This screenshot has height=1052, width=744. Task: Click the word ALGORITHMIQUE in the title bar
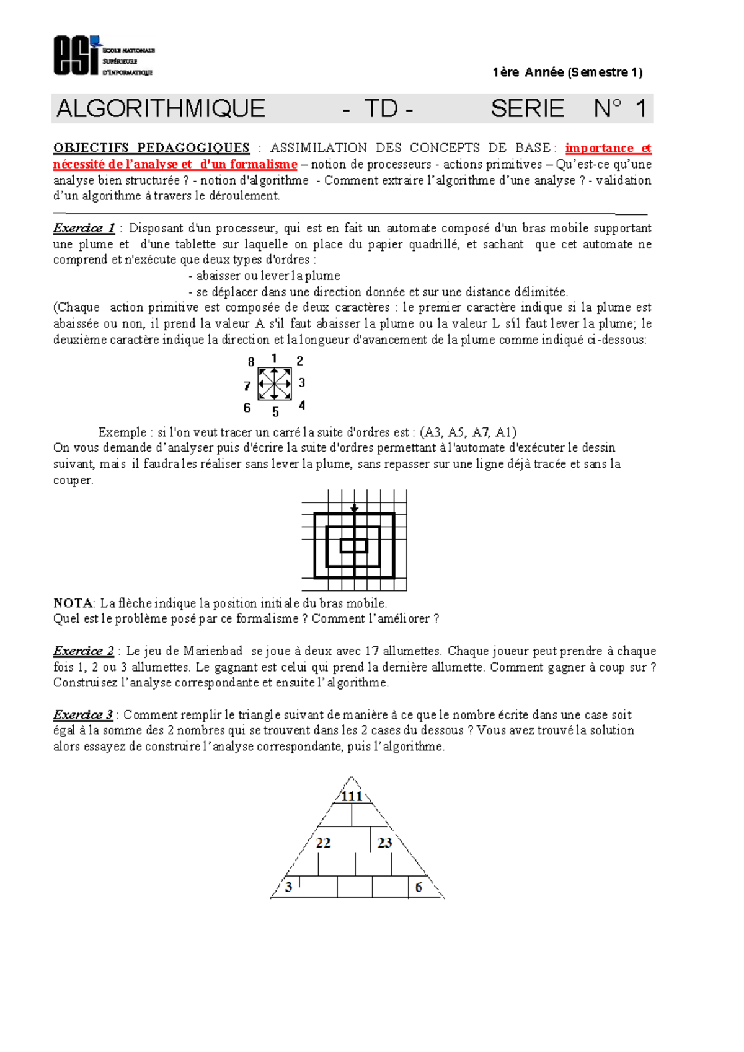161,109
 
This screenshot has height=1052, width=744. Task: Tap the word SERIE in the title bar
527,109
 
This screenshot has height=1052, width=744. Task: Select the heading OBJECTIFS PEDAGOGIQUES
151,147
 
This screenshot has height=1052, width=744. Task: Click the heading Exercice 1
84,228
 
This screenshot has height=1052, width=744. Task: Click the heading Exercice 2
84,651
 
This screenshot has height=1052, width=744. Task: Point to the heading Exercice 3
83,715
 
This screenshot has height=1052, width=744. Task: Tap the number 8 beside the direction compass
251,362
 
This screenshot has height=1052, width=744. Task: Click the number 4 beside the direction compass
302,405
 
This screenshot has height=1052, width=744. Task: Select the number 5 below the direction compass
275,412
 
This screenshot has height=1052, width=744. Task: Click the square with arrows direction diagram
275,384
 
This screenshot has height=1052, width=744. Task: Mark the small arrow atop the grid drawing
354,508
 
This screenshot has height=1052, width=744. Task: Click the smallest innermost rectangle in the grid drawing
354,546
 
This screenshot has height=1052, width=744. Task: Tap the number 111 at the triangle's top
352,796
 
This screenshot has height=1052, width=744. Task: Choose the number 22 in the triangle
323,843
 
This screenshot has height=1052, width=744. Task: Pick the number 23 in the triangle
384,843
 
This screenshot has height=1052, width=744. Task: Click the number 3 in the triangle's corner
289,887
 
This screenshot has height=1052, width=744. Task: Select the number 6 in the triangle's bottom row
418,887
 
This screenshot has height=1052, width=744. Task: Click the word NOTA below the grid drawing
73,603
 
